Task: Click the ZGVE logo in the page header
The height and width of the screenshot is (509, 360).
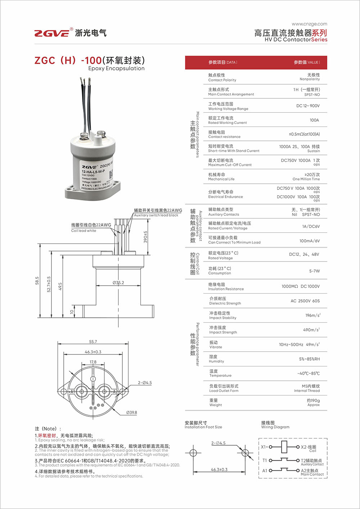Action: (52, 33)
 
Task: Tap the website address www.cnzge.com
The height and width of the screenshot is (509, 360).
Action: (309, 24)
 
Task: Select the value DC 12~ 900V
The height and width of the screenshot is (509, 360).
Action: (308, 106)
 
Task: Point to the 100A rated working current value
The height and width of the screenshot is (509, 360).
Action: (314, 120)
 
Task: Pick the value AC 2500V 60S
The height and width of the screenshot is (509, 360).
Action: (305, 301)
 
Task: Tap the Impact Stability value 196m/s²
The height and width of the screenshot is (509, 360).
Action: (312, 315)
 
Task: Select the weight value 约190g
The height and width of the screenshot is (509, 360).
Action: (313, 401)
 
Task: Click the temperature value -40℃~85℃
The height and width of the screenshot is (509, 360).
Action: (308, 373)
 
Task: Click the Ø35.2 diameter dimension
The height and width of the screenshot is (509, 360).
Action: (118, 283)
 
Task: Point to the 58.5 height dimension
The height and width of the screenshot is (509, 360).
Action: (37, 281)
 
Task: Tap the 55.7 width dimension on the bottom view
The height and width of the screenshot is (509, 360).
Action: (93, 341)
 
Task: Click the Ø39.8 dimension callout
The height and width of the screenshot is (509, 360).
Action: (131, 412)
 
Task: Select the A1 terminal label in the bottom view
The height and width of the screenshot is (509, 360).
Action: (72, 392)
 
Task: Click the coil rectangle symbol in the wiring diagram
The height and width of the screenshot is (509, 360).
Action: (284, 447)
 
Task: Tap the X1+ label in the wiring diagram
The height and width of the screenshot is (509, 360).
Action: (264, 447)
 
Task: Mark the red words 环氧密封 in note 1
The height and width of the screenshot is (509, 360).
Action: (47, 436)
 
